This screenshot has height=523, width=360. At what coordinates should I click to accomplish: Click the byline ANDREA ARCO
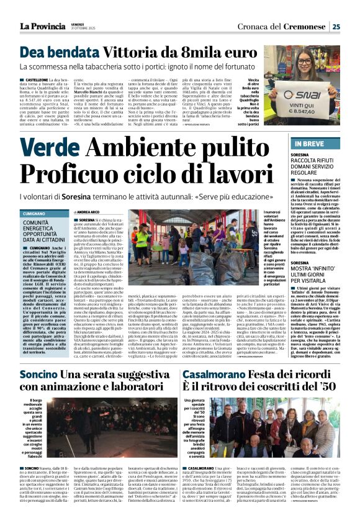pyautogui.click(x=94, y=212)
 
